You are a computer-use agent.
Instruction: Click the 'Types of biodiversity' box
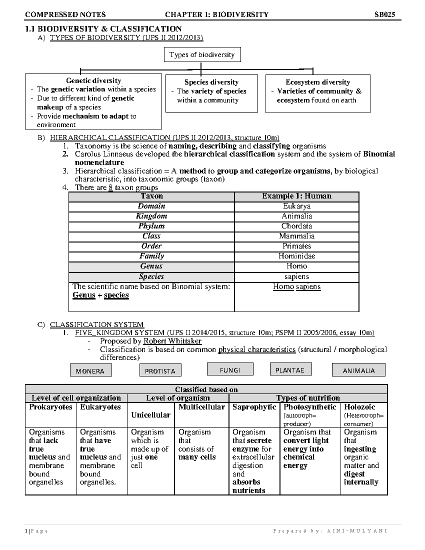tap(202, 55)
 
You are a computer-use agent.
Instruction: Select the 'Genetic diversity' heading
tap(93, 81)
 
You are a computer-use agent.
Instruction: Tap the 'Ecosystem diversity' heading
tap(318, 82)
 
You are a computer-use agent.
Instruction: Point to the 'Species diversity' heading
tap(211, 82)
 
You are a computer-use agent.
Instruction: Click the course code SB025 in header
tap(385, 15)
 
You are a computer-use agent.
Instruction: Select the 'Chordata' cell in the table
tap(296, 226)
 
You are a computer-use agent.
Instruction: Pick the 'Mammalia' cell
tap(296, 236)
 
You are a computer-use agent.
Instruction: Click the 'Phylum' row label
tap(151, 226)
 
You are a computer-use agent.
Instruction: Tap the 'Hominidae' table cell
tap(296, 256)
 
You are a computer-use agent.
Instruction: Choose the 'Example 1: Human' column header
tap(296, 196)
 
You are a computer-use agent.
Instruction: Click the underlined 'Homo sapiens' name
tap(296, 287)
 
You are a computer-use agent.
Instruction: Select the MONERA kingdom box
tap(91, 371)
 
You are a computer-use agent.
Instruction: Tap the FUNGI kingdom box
tap(230, 370)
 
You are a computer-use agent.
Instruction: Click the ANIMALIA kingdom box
tap(358, 370)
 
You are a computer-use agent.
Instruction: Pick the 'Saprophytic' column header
tap(254, 407)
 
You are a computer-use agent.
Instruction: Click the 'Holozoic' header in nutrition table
tap(359, 407)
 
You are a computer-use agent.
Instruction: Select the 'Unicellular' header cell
tap(151, 415)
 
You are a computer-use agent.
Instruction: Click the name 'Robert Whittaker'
tap(172, 341)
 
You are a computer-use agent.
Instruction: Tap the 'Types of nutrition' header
tap(308, 398)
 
